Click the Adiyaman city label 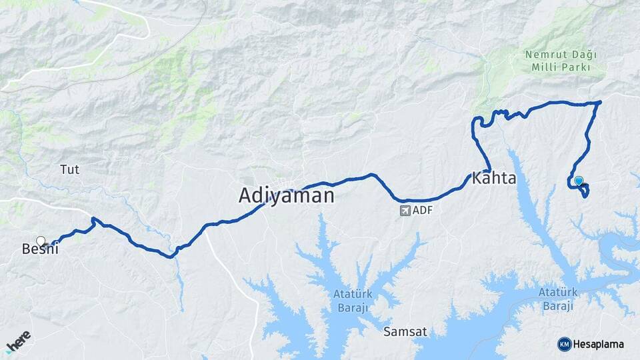pos(286,195)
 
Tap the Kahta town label pos(494,179)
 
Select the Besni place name pos(40,249)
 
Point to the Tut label pos(69,169)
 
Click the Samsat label pos(404,331)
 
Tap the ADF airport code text pos(423,211)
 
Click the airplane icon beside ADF pos(405,211)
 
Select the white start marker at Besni pos(41,241)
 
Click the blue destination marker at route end pos(579,181)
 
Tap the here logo pos(19,341)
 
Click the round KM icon pos(564,344)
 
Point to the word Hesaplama pos(599,344)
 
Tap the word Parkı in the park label pos(579,68)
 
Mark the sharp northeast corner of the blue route pos(600,102)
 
